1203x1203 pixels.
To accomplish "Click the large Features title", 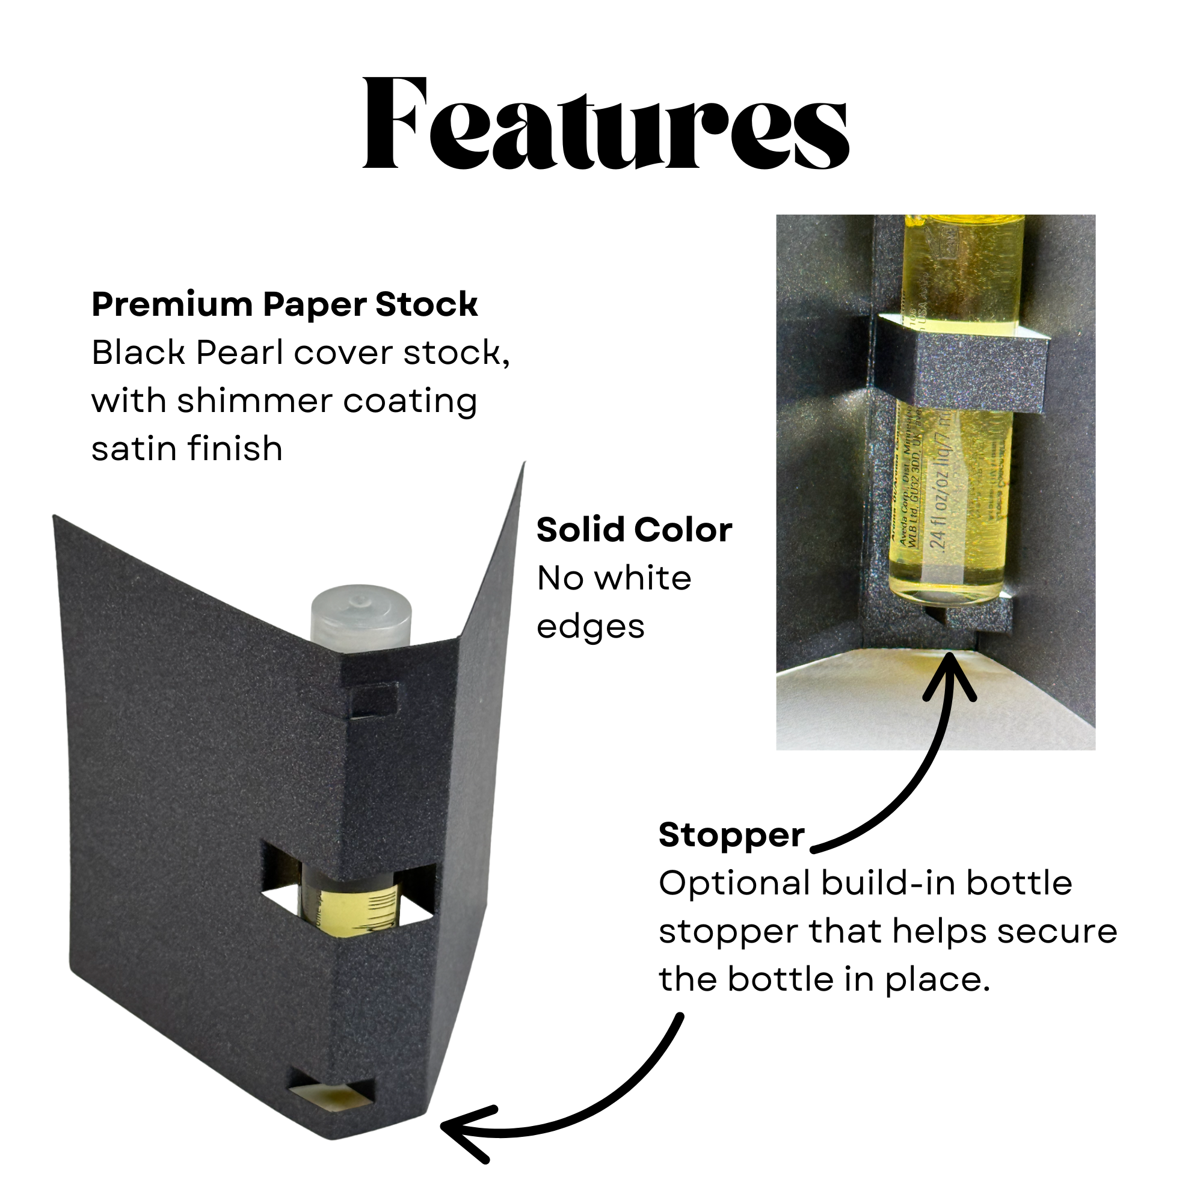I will click(605, 123).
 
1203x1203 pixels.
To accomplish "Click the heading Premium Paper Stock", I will click(285, 304).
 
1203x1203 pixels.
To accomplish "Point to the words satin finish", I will click(187, 449).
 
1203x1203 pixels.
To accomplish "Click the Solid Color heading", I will click(634, 531).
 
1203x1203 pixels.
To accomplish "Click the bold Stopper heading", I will click(731, 835).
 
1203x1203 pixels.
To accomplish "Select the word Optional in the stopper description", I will click(734, 884).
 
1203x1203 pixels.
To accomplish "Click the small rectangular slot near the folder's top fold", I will click(373, 700).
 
